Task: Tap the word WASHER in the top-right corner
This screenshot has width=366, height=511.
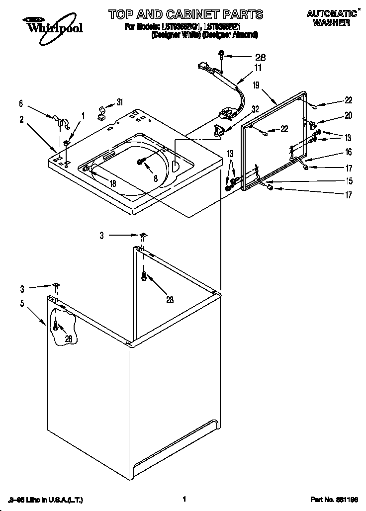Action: tap(331, 22)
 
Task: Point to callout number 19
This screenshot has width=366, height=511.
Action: tap(256, 85)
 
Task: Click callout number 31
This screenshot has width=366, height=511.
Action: tap(119, 102)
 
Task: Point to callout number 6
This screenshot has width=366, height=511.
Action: tap(21, 103)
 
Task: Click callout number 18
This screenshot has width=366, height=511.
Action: tap(113, 183)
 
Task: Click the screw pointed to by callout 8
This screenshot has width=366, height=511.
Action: tap(141, 161)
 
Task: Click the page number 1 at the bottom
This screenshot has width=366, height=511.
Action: tap(184, 499)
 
